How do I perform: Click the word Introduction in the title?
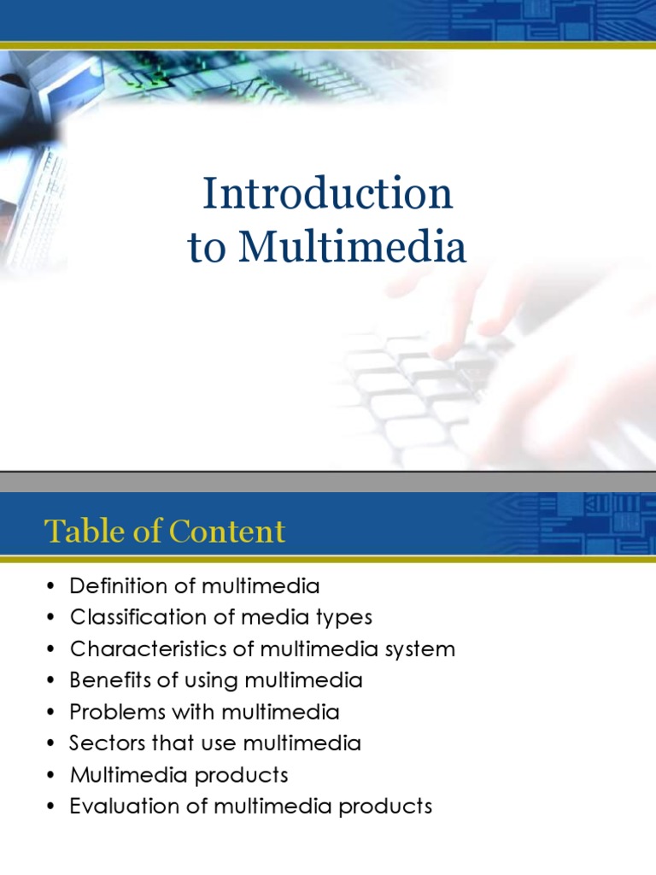point(327,194)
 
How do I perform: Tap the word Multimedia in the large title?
point(352,247)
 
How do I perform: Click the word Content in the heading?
point(228,531)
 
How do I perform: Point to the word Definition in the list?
point(114,586)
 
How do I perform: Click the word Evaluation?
point(115,806)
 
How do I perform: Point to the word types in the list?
point(343,617)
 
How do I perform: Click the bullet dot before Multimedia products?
point(51,776)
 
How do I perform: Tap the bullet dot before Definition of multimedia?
point(51,587)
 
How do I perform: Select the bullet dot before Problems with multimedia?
point(51,713)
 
